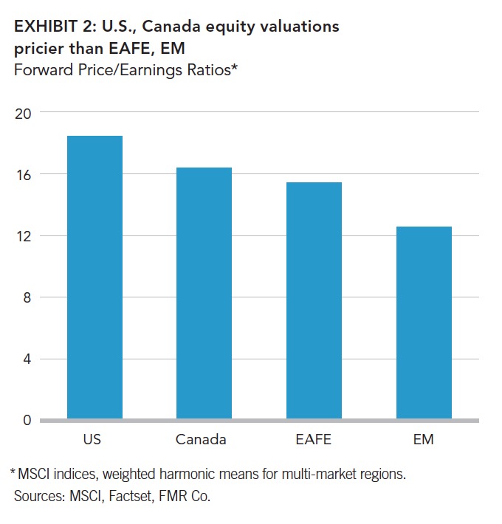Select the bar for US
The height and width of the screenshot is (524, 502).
94,277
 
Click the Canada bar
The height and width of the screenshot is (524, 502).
204,294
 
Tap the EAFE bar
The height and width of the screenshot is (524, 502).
314,301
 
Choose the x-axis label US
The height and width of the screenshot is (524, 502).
93,440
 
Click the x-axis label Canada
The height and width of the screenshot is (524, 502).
201,440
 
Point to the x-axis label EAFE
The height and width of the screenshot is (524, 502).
314,440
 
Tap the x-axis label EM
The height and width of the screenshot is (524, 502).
424,440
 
